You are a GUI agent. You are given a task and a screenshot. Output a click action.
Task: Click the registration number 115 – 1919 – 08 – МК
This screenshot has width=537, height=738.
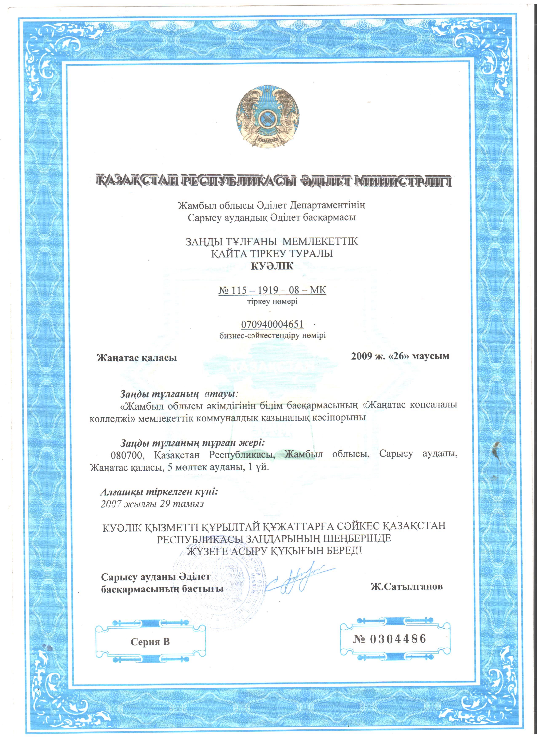(x=272, y=290)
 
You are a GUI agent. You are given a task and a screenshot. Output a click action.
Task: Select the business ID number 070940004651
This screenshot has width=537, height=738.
(x=272, y=324)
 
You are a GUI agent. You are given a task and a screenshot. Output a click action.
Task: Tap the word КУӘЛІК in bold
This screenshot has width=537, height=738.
(x=272, y=266)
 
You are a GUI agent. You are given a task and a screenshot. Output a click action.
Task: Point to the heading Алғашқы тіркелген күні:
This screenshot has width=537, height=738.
(x=159, y=491)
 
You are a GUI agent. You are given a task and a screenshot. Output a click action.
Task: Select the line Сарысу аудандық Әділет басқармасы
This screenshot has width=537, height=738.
(x=272, y=217)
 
